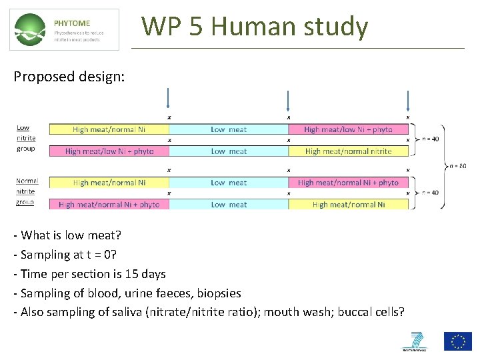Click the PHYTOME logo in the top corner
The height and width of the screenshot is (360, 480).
64,29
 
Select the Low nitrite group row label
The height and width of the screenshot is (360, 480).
26,138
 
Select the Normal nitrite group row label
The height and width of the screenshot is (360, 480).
27,191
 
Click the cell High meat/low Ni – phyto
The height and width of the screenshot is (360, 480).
348,129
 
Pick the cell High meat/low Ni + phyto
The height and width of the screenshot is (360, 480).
109,151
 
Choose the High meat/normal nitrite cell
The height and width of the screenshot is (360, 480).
348,151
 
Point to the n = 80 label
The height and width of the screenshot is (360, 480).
457,165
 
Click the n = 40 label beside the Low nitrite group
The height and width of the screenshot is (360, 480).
431,139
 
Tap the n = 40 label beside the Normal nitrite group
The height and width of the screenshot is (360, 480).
431,193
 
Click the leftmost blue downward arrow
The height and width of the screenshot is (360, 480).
168,99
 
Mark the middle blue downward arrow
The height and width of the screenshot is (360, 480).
288,100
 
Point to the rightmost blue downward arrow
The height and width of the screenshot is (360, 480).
408,100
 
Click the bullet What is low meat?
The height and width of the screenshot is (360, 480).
62,235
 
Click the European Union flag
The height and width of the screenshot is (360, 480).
457,341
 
